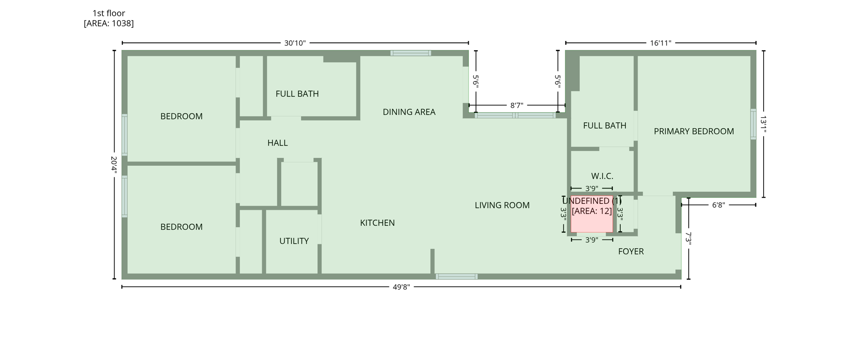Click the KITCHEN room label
pos(377,223)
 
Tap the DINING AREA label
pos(409,112)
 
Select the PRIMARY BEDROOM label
pos(693,132)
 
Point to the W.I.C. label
pos(602,176)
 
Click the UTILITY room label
pos(294,241)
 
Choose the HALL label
pos(277,143)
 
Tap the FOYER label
pos(630,252)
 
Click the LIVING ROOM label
pos(502,205)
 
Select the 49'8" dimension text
pos(401,287)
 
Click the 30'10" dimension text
pos(295,43)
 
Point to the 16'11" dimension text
pos(660,43)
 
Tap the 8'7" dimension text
pos(516,105)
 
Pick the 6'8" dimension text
pos(718,205)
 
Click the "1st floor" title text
pos(109,13)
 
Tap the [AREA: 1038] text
pos(109,23)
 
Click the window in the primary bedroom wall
pos(753,124)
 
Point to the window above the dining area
pos(410,53)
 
